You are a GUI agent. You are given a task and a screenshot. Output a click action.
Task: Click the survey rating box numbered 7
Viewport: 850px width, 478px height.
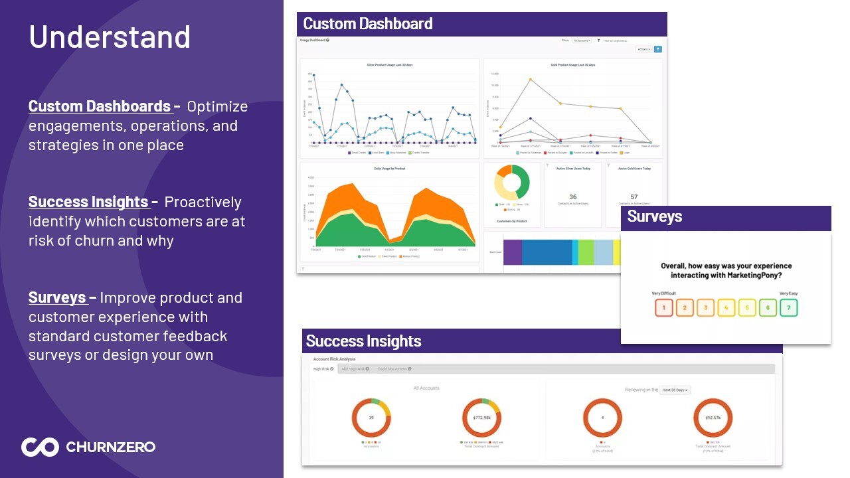coord(788,307)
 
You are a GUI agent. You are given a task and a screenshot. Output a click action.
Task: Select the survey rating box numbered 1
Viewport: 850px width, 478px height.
coord(664,307)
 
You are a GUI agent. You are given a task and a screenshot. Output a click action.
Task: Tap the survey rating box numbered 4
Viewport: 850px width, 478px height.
coord(726,307)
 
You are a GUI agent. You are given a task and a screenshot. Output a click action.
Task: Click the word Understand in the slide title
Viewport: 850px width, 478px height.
coord(110,37)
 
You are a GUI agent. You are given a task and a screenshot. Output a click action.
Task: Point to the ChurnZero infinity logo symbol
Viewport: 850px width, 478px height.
coord(40,447)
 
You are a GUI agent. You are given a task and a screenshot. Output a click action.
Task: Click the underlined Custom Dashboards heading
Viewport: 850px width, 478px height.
coord(100,106)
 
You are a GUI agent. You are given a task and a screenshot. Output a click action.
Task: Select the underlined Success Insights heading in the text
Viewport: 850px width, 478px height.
coord(88,202)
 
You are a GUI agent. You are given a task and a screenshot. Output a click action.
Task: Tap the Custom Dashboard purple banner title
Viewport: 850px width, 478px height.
coord(368,24)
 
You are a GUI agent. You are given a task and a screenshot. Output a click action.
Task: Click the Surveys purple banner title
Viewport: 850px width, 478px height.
coord(655,216)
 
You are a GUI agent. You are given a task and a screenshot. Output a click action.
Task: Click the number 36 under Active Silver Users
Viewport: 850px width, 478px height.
coord(573,197)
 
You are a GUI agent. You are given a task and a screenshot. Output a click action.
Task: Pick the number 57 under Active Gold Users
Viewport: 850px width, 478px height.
coord(634,197)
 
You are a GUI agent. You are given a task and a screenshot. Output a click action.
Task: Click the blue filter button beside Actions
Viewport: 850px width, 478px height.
coord(658,49)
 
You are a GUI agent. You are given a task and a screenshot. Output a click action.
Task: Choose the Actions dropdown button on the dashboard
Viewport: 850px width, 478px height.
coord(643,49)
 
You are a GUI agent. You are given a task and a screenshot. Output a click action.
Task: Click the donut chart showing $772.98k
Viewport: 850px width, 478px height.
coord(481,418)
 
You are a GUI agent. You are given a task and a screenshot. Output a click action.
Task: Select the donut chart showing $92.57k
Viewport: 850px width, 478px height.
coord(713,418)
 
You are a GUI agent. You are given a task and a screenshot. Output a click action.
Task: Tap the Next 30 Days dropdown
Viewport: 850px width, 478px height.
coord(675,390)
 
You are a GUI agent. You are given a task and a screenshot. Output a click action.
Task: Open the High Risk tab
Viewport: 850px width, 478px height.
coord(323,368)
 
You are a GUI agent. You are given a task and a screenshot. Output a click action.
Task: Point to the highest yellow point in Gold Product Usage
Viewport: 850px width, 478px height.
coord(531,80)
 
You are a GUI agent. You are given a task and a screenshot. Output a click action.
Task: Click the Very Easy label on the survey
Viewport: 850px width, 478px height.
coord(788,293)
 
